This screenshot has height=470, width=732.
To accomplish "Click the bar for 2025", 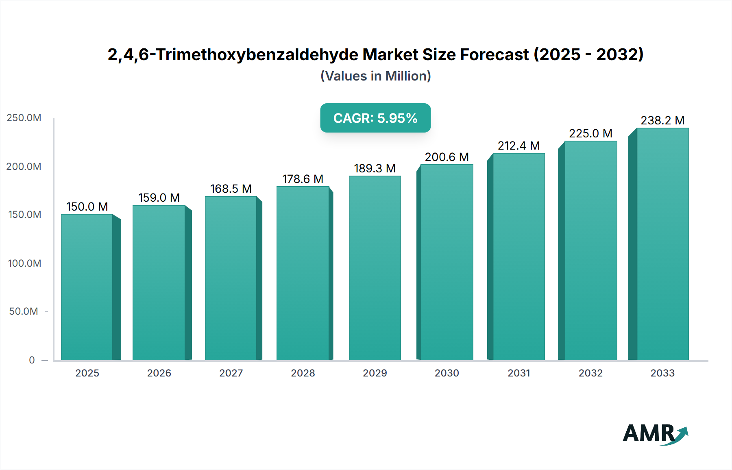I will pos(87,287).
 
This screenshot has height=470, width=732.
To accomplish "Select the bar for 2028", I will pos(303,273).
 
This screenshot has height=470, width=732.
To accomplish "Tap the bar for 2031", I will pos(518,257).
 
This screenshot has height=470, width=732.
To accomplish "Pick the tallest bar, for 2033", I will pos(662,244).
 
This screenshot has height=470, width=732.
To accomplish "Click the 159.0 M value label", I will pos(159,198).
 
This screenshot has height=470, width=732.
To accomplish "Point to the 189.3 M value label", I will pos(375,168).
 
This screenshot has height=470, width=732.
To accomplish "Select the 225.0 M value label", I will pos(590,133).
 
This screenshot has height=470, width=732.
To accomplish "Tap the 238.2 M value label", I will pos(662,120).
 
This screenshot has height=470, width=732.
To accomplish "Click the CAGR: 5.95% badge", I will pos(375,118).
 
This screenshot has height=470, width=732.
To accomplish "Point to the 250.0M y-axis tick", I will pos(24,118).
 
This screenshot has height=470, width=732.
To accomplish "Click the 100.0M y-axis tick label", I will pos(24,263).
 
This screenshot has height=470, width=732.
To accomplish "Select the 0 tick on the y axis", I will pos(32,360).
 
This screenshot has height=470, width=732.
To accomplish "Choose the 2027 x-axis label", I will pos(231,373).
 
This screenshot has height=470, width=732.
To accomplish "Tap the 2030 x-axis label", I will pos(447,373).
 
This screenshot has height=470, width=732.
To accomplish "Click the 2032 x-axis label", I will pos(590,373).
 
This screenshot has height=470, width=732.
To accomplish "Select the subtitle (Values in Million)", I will pos(375,76).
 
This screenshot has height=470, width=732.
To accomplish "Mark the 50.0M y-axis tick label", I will pos(24,311).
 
